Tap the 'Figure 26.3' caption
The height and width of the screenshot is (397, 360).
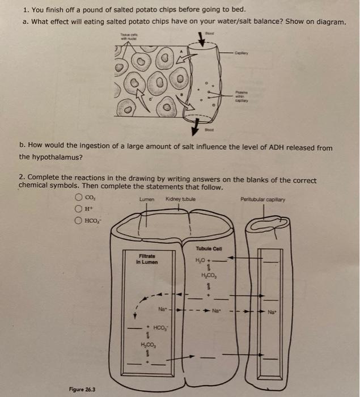click(x=83, y=388)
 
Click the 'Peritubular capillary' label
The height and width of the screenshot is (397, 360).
click(x=262, y=199)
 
